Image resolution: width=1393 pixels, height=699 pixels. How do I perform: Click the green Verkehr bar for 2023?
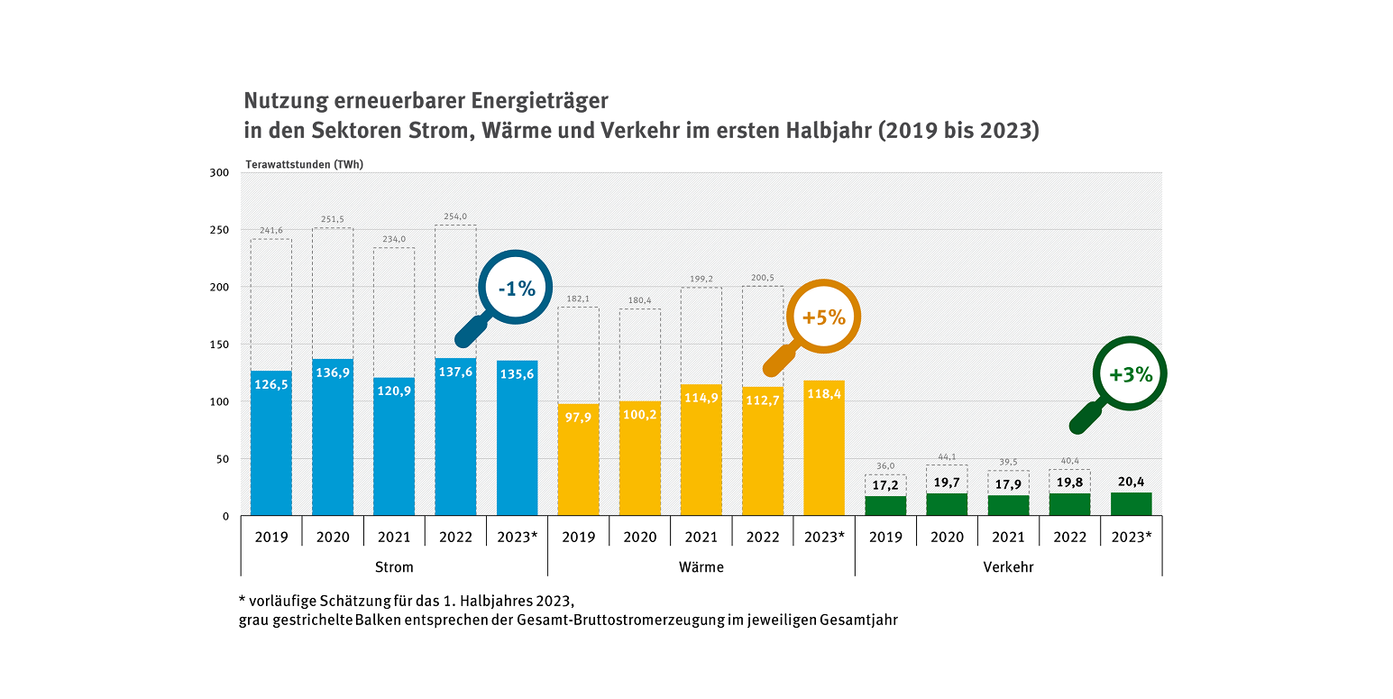[x=1131, y=504]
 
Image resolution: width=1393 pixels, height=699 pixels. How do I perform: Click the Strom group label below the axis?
[x=394, y=567]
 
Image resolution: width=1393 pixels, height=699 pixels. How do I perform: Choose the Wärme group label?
[x=701, y=567]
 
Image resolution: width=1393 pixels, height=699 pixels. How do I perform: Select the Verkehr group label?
[x=1008, y=567]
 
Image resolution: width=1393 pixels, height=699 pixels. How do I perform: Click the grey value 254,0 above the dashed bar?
[x=455, y=216]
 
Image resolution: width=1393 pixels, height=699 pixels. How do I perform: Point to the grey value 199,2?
[x=701, y=280]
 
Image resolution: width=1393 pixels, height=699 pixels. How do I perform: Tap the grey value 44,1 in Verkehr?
[x=947, y=456]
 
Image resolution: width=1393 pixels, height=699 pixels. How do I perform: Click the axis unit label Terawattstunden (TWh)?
[x=304, y=164]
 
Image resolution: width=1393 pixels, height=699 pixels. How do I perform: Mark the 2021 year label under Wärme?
[x=701, y=538]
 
